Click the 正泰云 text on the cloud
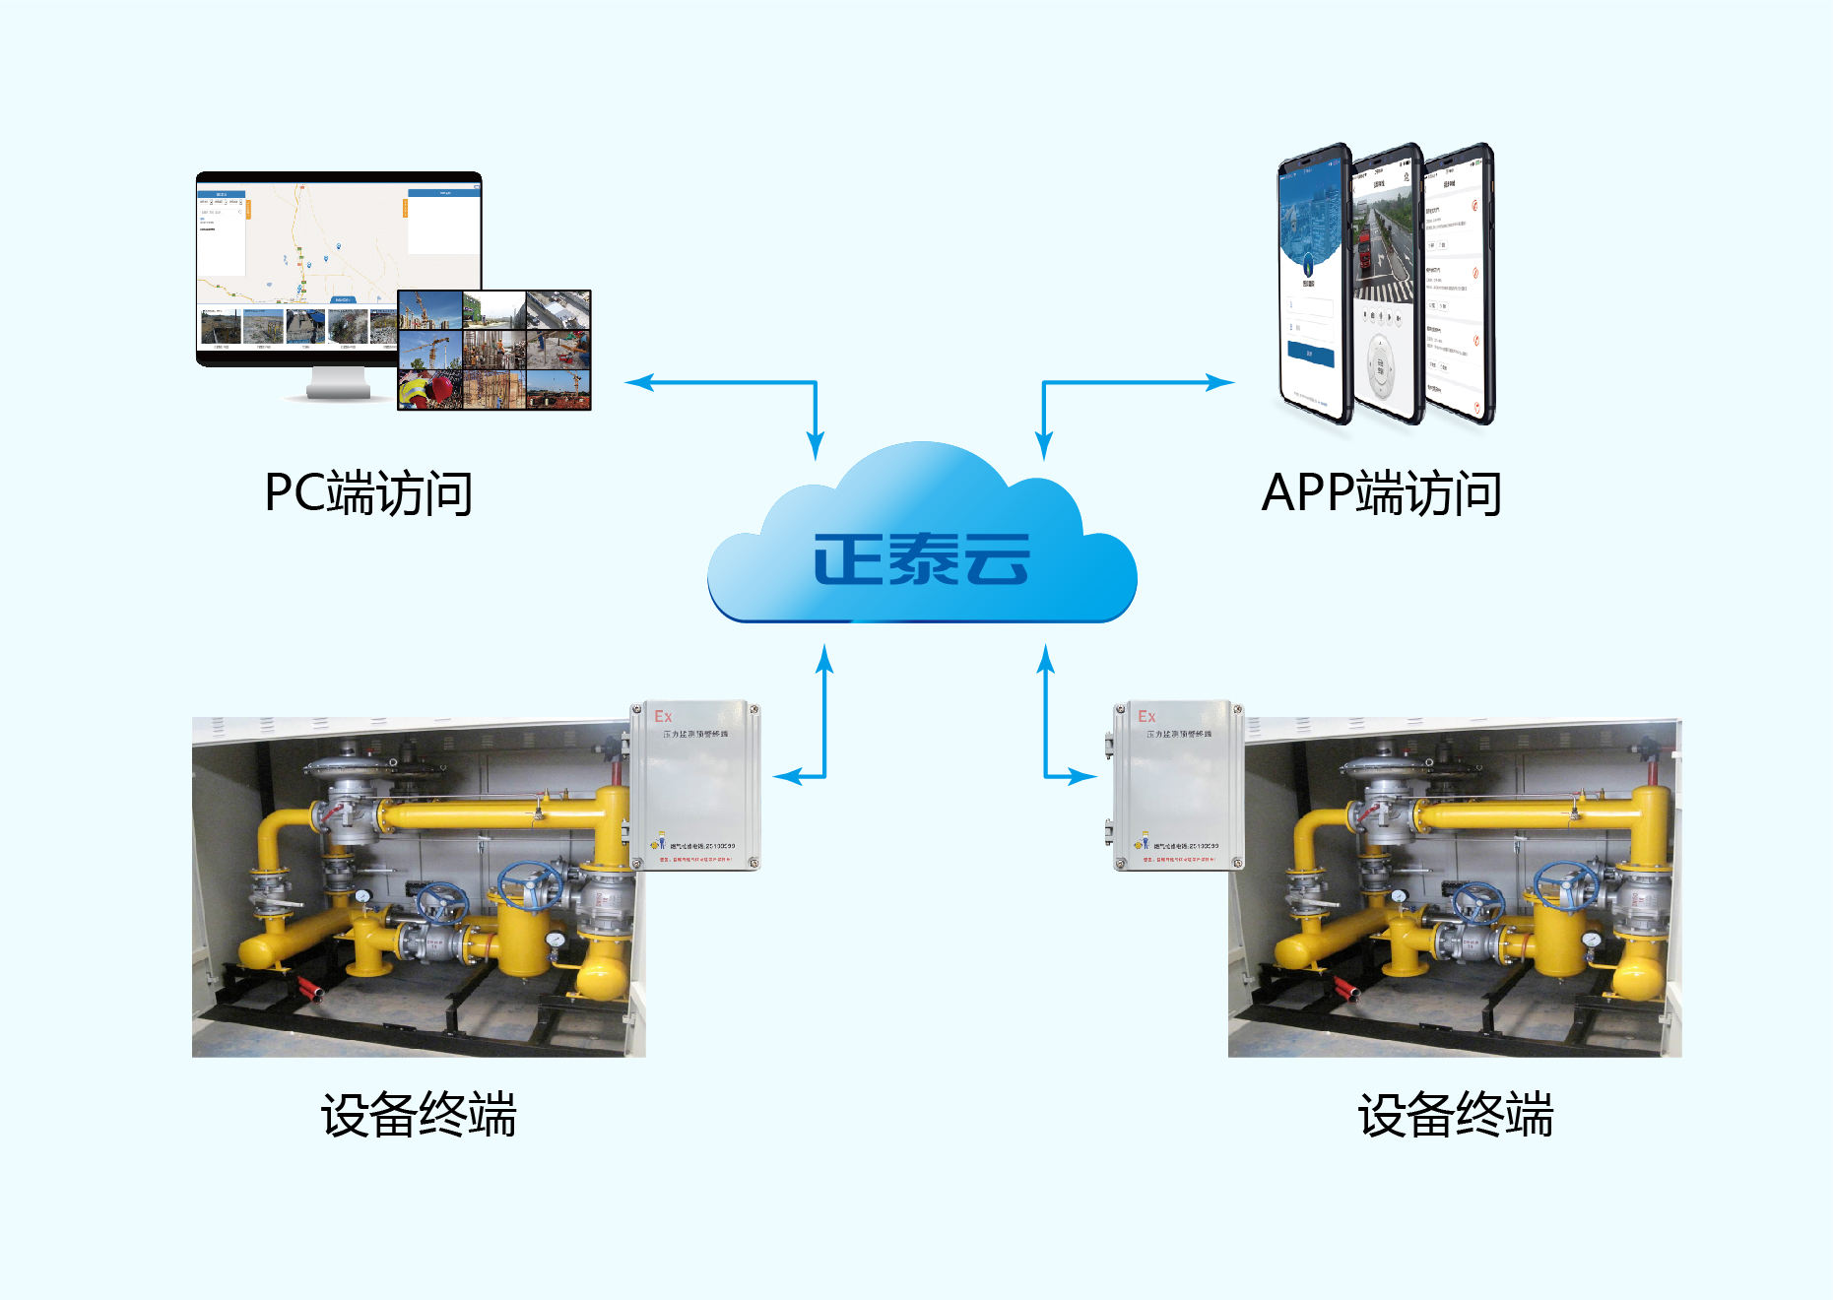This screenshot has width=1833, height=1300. (921, 559)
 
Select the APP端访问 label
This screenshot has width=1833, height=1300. (1381, 493)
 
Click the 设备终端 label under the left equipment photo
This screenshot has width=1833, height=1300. (419, 1115)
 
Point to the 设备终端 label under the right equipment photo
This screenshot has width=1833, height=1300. (1455, 1115)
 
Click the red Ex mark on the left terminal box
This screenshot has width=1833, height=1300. (663, 717)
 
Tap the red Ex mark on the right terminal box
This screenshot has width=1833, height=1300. (1146, 717)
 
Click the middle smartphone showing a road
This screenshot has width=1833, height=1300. (1386, 286)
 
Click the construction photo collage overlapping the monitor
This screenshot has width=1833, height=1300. (494, 350)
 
